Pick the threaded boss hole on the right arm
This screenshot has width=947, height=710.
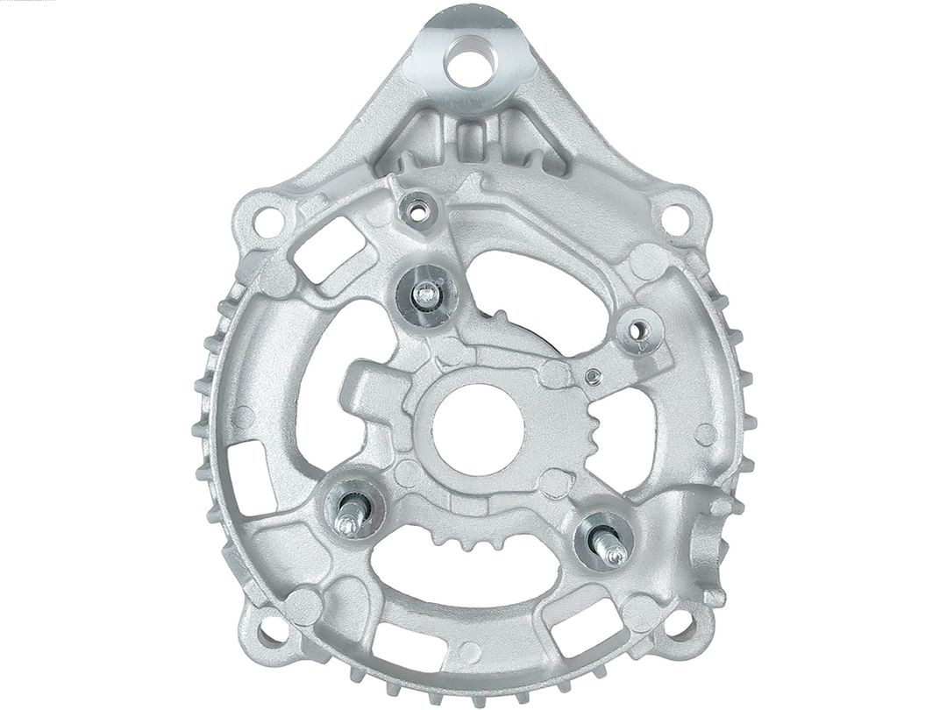tap(641, 334)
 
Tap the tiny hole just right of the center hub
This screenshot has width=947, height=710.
tap(594, 377)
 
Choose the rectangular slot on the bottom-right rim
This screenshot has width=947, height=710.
tap(571, 627)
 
